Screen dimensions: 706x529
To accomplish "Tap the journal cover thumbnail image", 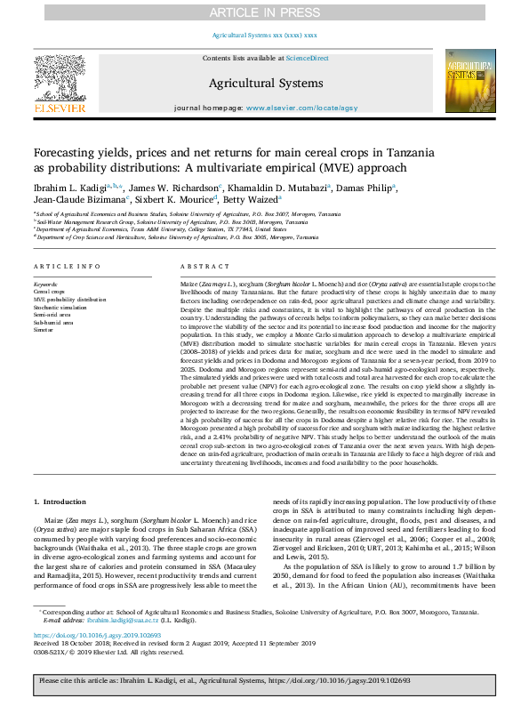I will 470,83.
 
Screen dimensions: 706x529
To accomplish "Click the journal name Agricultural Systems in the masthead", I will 265,83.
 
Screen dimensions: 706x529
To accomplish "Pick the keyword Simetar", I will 44,329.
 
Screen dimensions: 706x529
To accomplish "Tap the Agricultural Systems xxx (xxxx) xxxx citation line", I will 264,35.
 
